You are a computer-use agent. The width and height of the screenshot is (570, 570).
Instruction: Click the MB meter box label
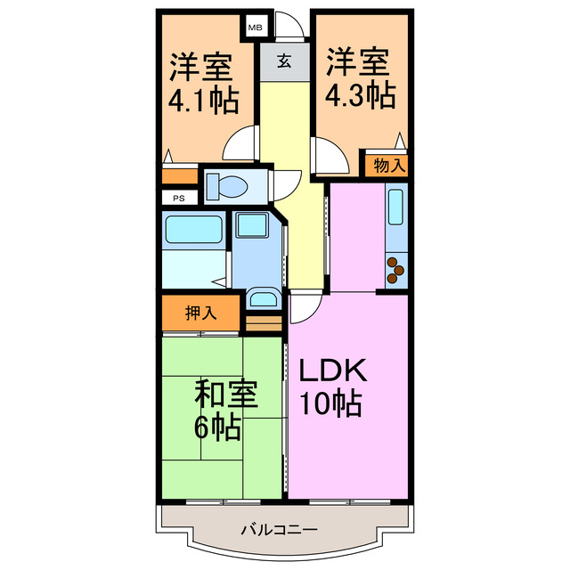[x=254, y=28]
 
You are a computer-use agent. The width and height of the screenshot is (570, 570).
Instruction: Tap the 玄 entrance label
[x=283, y=62]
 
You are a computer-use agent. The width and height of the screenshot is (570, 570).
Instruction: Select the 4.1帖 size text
[x=202, y=99]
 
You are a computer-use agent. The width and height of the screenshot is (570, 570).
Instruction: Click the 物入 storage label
[x=388, y=165]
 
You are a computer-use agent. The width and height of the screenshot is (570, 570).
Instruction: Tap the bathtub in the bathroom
[x=192, y=231]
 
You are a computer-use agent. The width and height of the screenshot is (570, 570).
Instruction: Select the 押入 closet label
[x=200, y=313]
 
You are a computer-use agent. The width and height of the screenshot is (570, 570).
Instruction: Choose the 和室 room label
[x=226, y=394]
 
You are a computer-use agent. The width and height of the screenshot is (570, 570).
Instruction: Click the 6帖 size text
[x=217, y=427]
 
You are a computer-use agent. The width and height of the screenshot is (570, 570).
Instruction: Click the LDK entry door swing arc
[x=301, y=308]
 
